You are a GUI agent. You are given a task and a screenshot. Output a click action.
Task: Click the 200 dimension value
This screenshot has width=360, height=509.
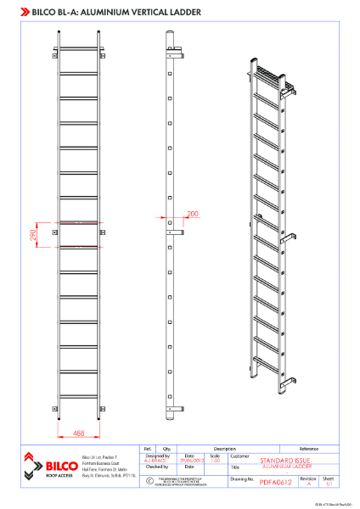pos(192,215)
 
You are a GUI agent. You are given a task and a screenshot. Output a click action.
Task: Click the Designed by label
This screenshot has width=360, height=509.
pos(157,456)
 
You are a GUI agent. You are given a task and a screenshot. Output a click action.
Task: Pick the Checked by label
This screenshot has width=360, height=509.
pos(157,466)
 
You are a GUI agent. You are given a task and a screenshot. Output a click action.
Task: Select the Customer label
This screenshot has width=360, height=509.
pos(239,456)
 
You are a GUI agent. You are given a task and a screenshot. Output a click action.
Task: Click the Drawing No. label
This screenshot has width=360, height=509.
pos(243,478)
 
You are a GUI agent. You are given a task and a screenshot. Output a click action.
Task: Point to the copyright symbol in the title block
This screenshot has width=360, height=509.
pos(149,480)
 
